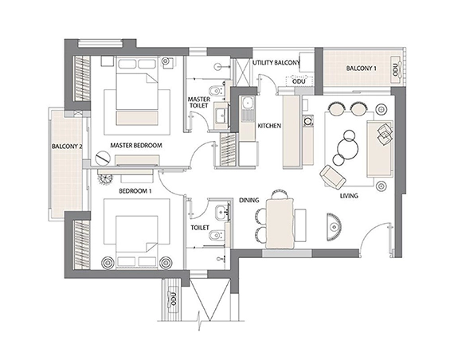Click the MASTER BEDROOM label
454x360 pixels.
pos(136,145)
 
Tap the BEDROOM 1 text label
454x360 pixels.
pos(135,192)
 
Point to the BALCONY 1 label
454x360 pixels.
pos(361,69)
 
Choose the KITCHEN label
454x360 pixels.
pos(268,126)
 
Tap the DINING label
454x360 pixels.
pos(250,201)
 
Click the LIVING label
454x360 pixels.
pos(348,195)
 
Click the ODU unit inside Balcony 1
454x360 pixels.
pos(393,69)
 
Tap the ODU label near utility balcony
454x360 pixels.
pos(299,80)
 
